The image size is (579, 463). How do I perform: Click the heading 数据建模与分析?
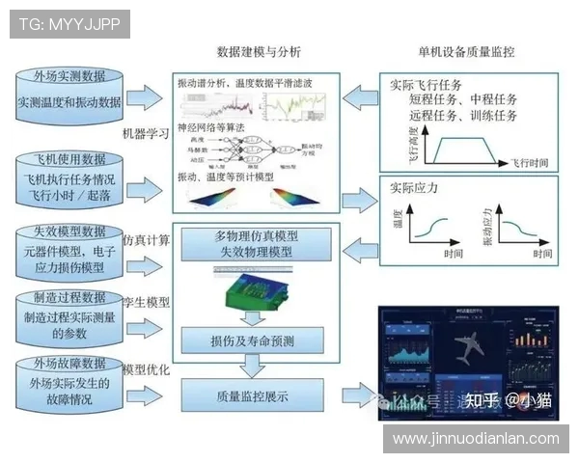point(258,51)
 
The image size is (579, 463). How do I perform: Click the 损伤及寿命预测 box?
point(255,340)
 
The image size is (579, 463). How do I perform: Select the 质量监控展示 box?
point(255,395)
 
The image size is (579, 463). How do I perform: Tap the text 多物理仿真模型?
point(255,237)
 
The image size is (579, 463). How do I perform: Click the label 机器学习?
point(146,133)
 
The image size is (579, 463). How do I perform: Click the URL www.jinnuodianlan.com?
point(477,439)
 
